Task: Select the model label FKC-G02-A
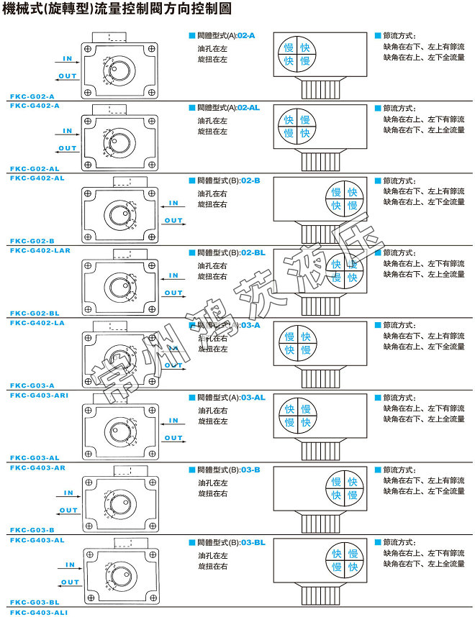[32, 96]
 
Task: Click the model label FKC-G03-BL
[35, 602]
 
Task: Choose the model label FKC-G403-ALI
[40, 611]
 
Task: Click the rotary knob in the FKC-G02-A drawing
[122, 70]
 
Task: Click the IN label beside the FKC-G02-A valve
[68, 58]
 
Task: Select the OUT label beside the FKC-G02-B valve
[173, 220]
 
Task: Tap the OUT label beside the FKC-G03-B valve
[68, 511]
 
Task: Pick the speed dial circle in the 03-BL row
[343, 561]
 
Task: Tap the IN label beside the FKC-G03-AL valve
[173, 421]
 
